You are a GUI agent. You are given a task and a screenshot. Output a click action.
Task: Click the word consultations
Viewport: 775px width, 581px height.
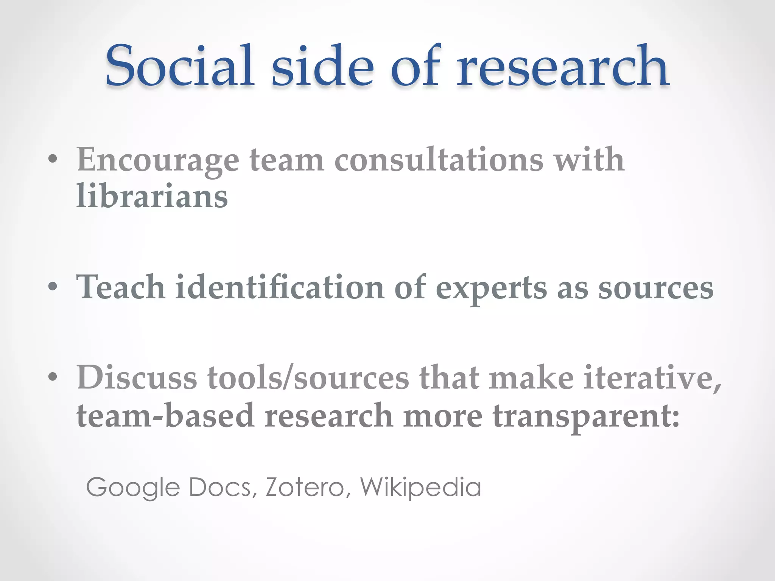pyautogui.click(x=439, y=160)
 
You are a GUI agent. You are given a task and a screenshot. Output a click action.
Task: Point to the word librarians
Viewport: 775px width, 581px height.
pyautogui.click(x=152, y=196)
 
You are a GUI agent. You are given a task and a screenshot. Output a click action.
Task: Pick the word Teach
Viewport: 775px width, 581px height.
pyautogui.click(x=121, y=287)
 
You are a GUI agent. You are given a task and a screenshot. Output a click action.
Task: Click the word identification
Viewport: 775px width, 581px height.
pyautogui.click(x=280, y=287)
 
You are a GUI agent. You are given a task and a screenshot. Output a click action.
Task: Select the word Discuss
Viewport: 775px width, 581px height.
pyautogui.click(x=137, y=377)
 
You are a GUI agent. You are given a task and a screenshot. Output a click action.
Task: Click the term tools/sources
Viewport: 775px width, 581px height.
pyautogui.click(x=308, y=377)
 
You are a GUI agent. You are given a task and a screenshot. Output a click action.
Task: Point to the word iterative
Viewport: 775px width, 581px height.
pyautogui.click(x=652, y=377)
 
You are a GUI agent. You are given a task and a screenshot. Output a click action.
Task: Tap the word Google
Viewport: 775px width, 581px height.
pyautogui.click(x=133, y=487)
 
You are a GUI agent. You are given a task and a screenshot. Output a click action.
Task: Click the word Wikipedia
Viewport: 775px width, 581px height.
pyautogui.click(x=420, y=487)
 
